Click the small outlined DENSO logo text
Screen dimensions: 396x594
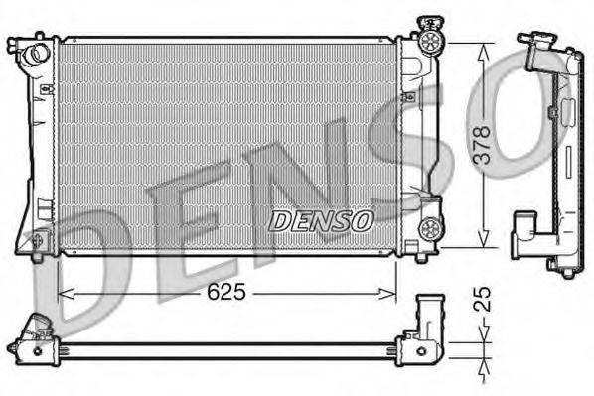pyautogui.click(x=321, y=219)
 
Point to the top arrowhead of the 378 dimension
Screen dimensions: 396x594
pyautogui.click(x=484, y=49)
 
